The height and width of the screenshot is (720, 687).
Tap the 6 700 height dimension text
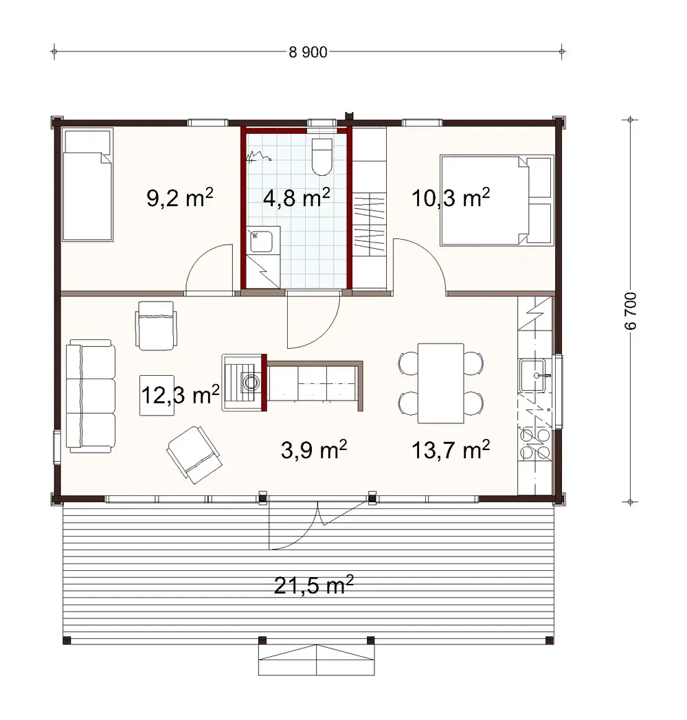[631, 311]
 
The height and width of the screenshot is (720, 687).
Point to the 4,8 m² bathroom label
[297, 199]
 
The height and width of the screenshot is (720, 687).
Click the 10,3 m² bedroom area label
[451, 199]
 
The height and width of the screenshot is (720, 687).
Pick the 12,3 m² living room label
[180, 395]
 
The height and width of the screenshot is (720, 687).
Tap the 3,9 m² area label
[313, 451]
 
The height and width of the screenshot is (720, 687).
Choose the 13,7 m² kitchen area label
[451, 451]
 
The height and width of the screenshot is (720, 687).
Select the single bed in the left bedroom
[87, 186]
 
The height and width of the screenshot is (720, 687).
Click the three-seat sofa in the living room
[91, 398]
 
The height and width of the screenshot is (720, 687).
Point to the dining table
[440, 383]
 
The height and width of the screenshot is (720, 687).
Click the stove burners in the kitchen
[535, 444]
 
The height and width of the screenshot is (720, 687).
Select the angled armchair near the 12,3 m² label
[194, 453]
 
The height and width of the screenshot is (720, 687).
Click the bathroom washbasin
[261, 242]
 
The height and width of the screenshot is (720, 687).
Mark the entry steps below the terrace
[315, 661]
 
